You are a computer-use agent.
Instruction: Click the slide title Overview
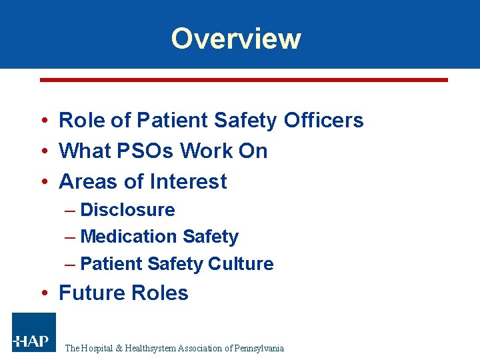pos(236,39)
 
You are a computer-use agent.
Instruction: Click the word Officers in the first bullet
pos(323,121)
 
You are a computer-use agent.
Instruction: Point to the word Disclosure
pos(127,210)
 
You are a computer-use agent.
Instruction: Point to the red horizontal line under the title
pos(244,80)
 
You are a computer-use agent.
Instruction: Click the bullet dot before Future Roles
pos(43,293)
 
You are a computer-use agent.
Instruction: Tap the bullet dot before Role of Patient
pos(43,121)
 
